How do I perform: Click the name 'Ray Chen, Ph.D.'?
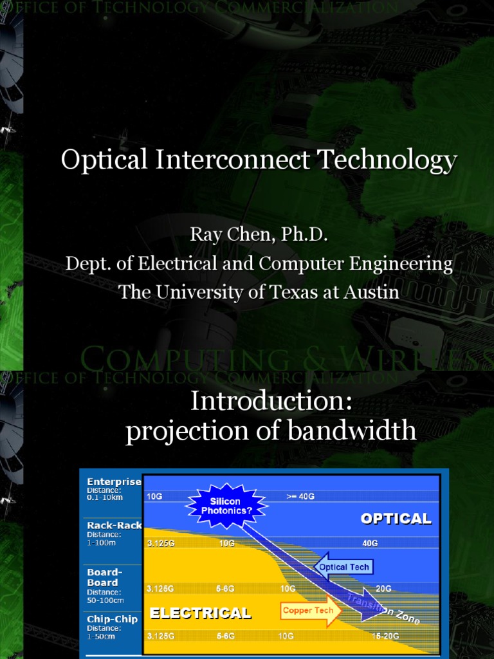[x=259, y=235]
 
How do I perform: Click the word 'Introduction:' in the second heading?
[x=271, y=402]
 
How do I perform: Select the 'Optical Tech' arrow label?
[x=344, y=567]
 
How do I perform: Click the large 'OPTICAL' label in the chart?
[x=396, y=519]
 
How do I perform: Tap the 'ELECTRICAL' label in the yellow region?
[x=200, y=613]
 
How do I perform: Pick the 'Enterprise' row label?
[x=114, y=481]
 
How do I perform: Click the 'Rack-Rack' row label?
[x=114, y=525]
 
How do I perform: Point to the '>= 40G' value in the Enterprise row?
[x=300, y=496]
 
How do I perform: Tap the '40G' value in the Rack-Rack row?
[x=370, y=543]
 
